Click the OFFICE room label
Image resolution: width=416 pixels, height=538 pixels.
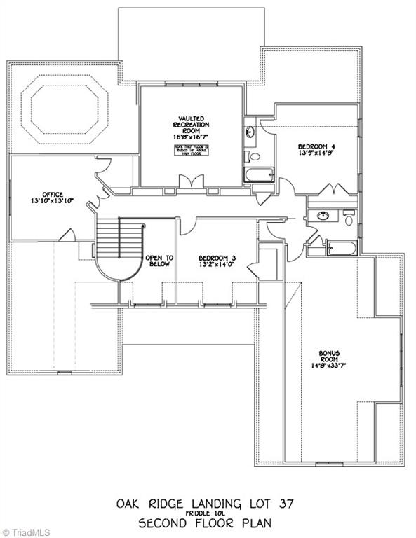pos(53,194)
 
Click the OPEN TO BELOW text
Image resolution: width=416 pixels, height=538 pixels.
pos(159,261)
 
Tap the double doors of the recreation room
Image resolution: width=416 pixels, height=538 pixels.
pos(189,183)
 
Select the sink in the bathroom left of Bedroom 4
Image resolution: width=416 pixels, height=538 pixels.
pos(250,132)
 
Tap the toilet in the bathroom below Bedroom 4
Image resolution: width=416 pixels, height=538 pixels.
pos(349,219)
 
